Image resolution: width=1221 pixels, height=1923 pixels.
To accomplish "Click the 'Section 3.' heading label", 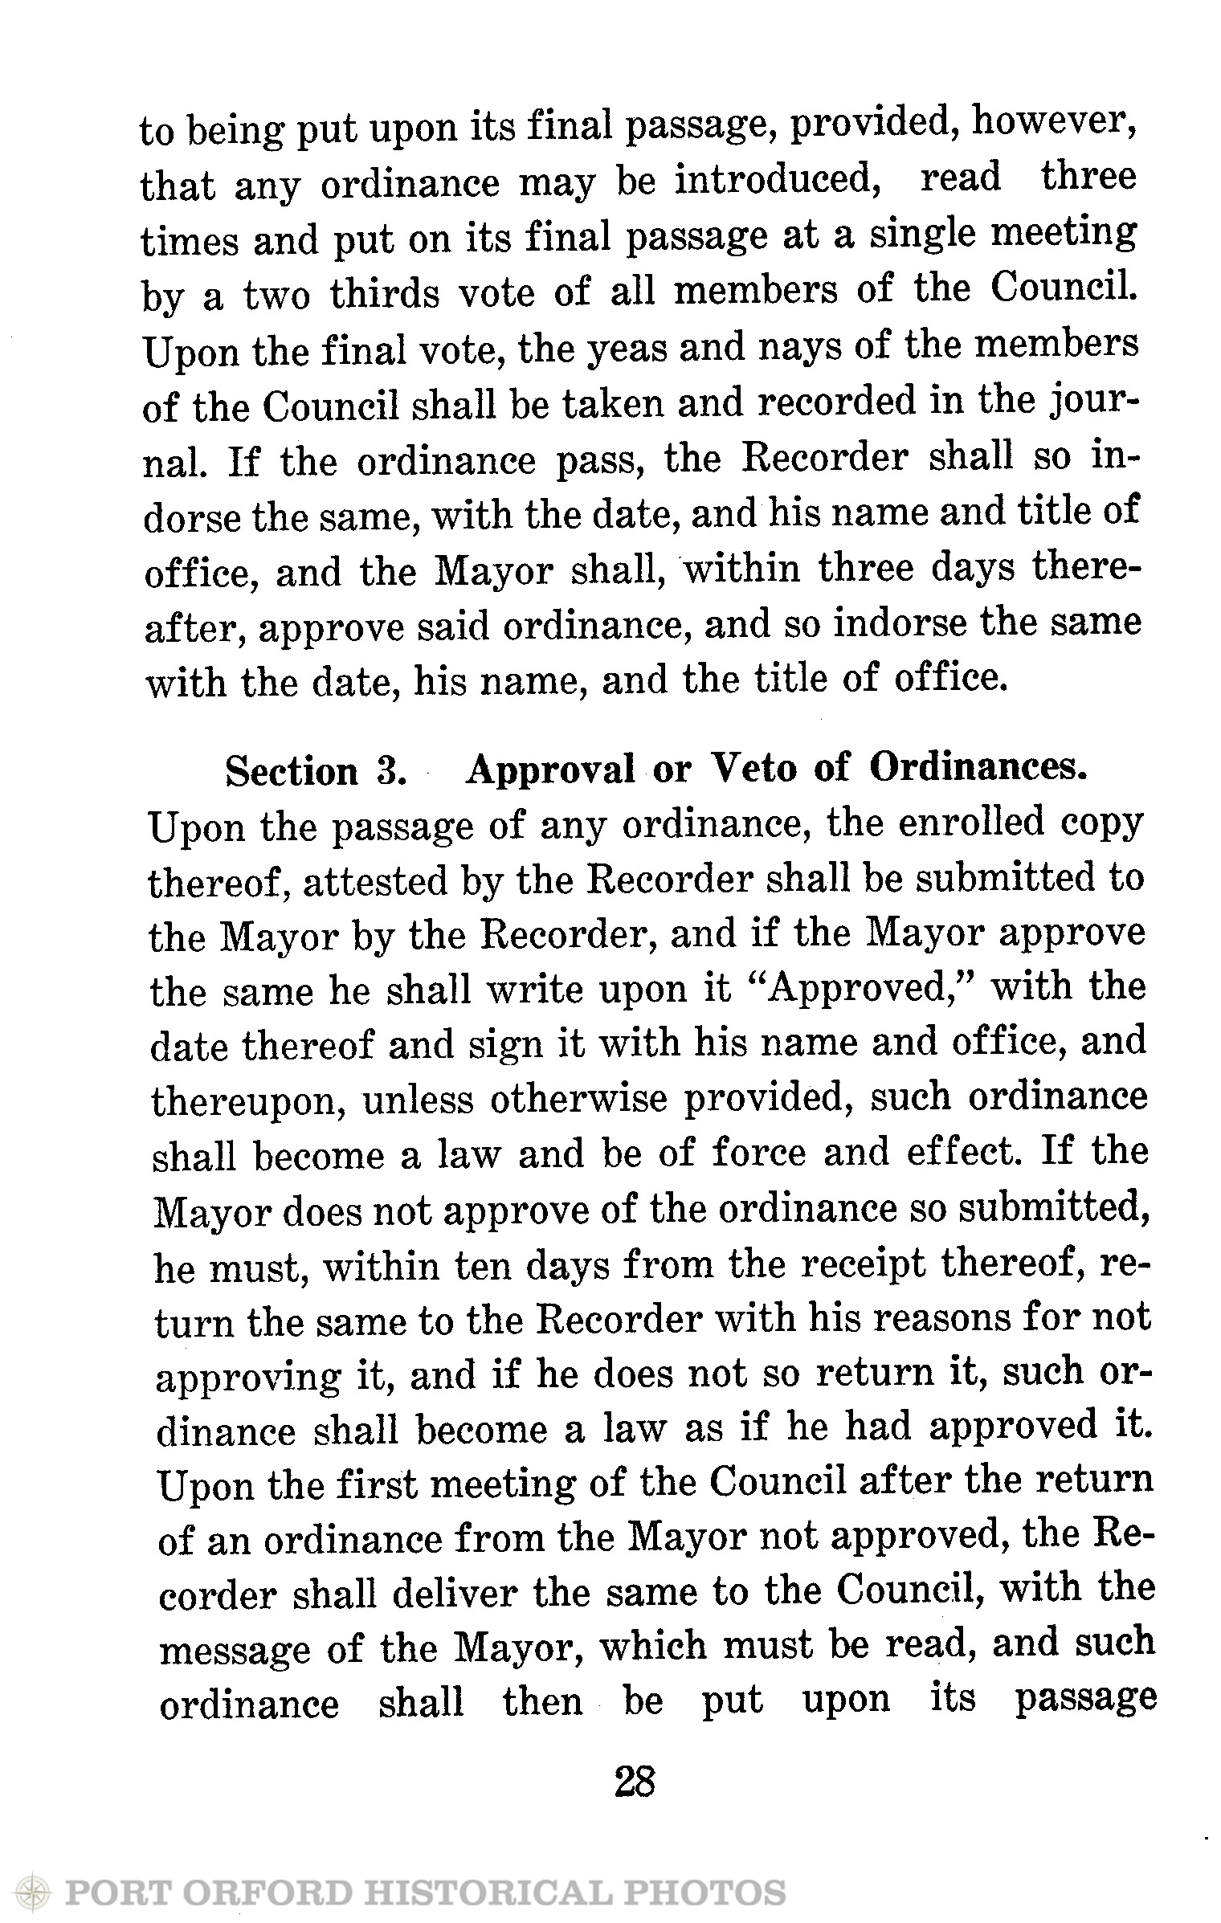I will click(x=314, y=772).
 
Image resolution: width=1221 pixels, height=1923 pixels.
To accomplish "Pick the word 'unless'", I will click(x=418, y=1099).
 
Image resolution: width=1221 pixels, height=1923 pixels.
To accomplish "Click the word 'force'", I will click(x=758, y=1153).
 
